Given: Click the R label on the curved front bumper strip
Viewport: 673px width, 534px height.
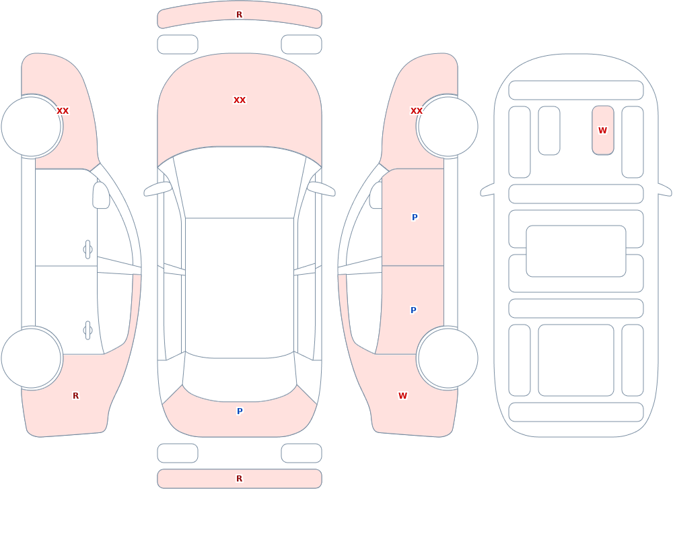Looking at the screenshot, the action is click(239, 15).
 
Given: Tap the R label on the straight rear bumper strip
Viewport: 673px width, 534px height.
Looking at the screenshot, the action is click(239, 479).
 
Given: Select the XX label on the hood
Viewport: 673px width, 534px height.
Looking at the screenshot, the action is click(240, 100).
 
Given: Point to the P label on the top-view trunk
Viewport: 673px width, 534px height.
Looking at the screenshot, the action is click(240, 411).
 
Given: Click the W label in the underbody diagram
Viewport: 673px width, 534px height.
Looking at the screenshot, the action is click(602, 130).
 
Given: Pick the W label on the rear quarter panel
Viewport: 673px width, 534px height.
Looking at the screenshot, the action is click(402, 396).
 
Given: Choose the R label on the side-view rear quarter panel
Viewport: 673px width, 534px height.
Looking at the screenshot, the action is click(75, 396).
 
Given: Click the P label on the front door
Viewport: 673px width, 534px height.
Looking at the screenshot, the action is click(414, 218).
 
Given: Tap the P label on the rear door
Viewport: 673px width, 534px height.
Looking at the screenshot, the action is click(413, 310).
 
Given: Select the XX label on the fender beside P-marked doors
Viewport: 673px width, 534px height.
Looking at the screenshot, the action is click(417, 111).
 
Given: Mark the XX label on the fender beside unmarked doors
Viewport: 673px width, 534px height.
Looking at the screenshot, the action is click(63, 111).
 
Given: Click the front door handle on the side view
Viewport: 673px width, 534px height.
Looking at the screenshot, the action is click(87, 250).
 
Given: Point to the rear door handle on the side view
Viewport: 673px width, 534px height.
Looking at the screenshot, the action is click(87, 331).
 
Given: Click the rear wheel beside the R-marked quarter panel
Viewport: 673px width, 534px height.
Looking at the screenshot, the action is click(32, 358).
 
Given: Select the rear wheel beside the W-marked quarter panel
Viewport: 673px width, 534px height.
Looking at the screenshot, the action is click(448, 358).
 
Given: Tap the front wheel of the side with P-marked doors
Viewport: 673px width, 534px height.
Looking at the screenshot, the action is click(448, 127).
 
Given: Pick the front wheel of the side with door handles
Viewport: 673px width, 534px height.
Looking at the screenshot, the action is click(32, 127).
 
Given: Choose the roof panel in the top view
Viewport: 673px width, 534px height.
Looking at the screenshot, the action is click(240, 288).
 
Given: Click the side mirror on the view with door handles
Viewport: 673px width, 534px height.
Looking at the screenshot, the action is click(102, 195).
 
